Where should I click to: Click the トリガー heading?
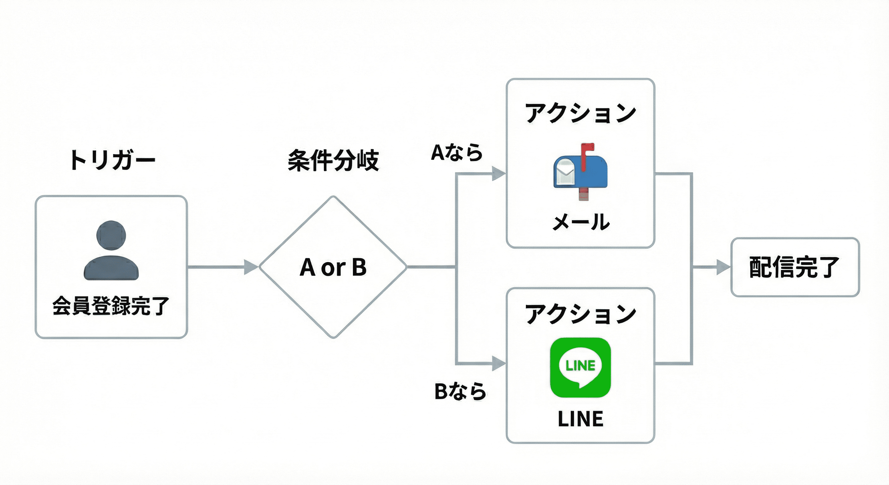(x=112, y=160)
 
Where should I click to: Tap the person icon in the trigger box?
(x=111, y=251)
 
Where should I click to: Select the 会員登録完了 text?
(x=111, y=306)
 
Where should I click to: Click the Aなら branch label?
(x=457, y=153)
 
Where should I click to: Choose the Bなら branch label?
(x=460, y=392)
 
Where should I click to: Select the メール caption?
(x=581, y=222)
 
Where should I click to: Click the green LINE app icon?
(x=581, y=368)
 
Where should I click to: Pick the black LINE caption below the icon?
(x=581, y=419)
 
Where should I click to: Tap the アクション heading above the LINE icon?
(x=581, y=314)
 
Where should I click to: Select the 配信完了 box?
(x=795, y=267)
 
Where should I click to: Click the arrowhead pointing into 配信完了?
(x=723, y=267)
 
